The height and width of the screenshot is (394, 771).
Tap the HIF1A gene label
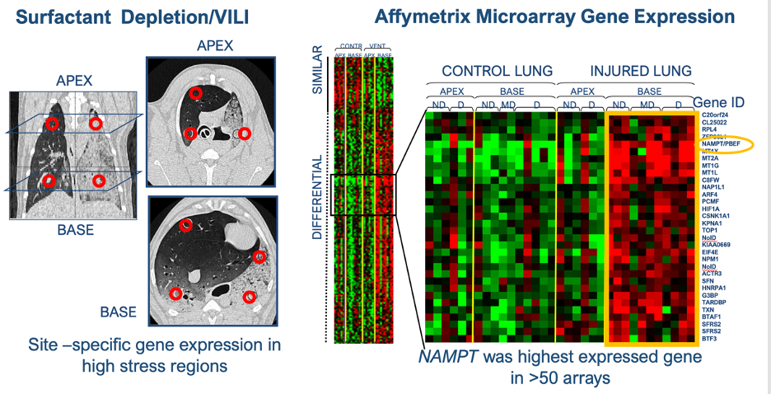[711, 209]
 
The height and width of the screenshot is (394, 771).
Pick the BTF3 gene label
[709, 338]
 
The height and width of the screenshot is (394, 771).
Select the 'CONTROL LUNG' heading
[498, 72]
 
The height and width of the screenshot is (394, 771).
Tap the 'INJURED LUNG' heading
[641, 72]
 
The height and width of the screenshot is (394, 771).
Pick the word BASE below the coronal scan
[74, 230]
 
